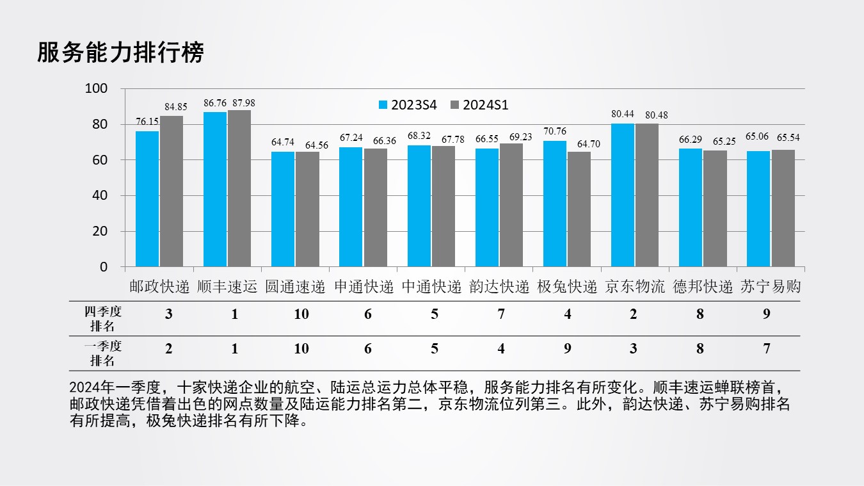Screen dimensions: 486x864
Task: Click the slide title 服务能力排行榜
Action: pyautogui.click(x=120, y=53)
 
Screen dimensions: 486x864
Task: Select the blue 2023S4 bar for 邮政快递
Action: pyautogui.click(x=147, y=198)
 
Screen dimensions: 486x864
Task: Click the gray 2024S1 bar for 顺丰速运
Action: pyautogui.click(x=239, y=188)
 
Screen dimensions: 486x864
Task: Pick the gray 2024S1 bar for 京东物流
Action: pyautogui.click(x=647, y=195)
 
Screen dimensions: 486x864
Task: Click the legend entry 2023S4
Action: pyautogui.click(x=408, y=105)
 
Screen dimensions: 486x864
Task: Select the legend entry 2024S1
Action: pyautogui.click(x=480, y=105)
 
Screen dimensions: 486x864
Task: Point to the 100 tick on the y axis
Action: pyautogui.click(x=97, y=88)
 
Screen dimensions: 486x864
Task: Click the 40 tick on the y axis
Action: pyautogui.click(x=100, y=195)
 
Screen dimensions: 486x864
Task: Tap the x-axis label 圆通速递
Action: pyautogui.click(x=295, y=287)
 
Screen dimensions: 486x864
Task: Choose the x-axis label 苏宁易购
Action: pyautogui.click(x=771, y=287)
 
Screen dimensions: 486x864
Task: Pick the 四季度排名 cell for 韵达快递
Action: pyautogui.click(x=501, y=314)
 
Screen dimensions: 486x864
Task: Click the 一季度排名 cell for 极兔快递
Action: pyautogui.click(x=568, y=348)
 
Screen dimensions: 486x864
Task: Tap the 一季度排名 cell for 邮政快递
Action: pyautogui.click(x=168, y=348)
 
